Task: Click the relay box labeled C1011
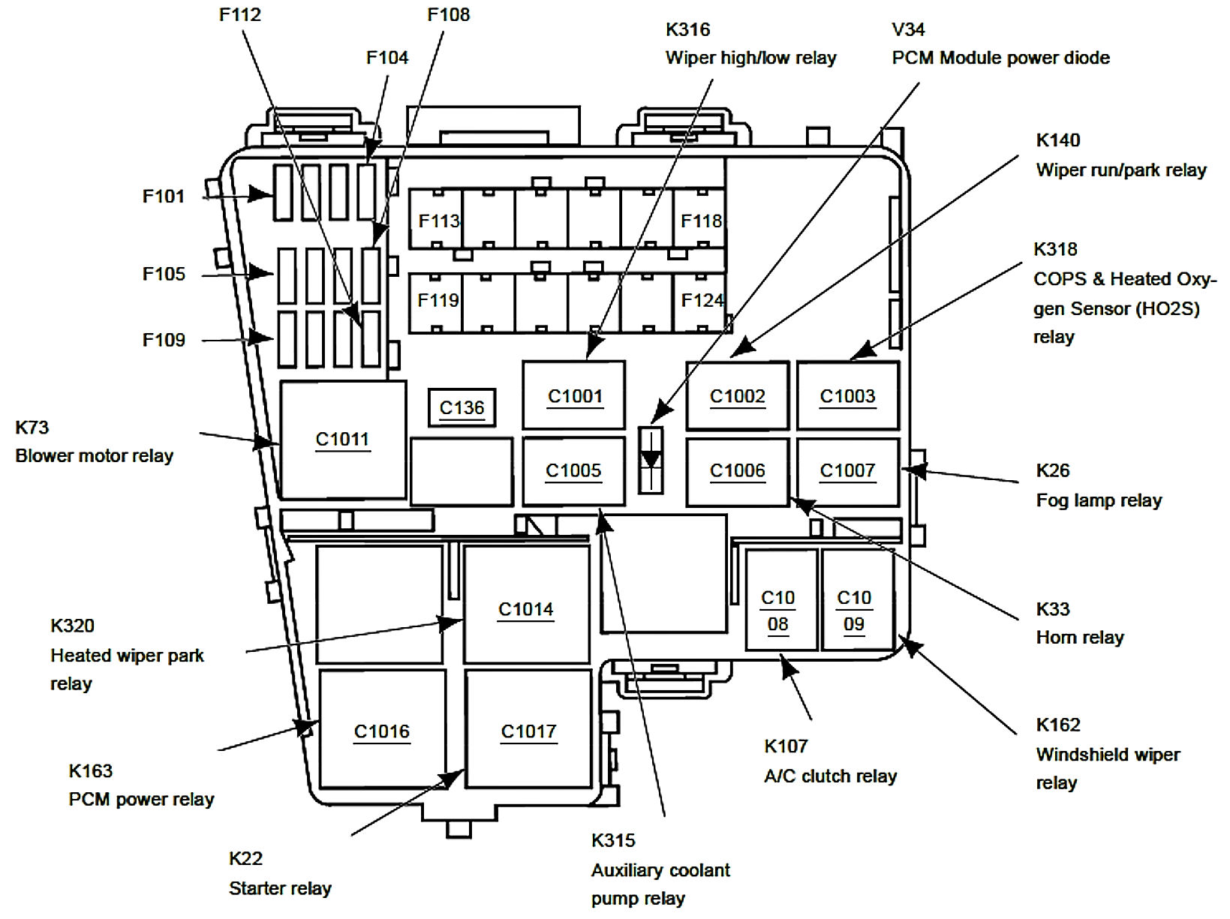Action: pyautogui.click(x=343, y=440)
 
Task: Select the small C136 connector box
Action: pyautogui.click(x=462, y=407)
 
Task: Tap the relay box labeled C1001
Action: pyautogui.click(x=574, y=395)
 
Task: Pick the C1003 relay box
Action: pyautogui.click(x=848, y=396)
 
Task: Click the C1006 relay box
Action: pyautogui.click(x=738, y=472)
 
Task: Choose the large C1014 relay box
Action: pyautogui.click(x=526, y=604)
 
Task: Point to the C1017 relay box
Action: pyautogui.click(x=528, y=729)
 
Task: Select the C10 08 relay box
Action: pyautogui.click(x=781, y=599)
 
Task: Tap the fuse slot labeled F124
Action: pyautogui.click(x=700, y=302)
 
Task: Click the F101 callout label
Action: pyautogui.click(x=163, y=197)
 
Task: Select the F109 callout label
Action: pyautogui.click(x=164, y=340)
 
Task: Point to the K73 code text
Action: pyautogui.click(x=32, y=428)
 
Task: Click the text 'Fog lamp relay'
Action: pyautogui.click(x=1099, y=500)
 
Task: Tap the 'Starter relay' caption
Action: pyautogui.click(x=280, y=888)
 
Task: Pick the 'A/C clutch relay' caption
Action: pyautogui.click(x=831, y=776)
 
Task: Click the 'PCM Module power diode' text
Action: pyautogui.click(x=1001, y=58)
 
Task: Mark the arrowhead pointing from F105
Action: pyautogui.click(x=260, y=273)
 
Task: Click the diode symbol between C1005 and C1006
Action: pyautogui.click(x=651, y=461)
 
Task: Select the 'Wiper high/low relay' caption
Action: pyautogui.click(x=751, y=58)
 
